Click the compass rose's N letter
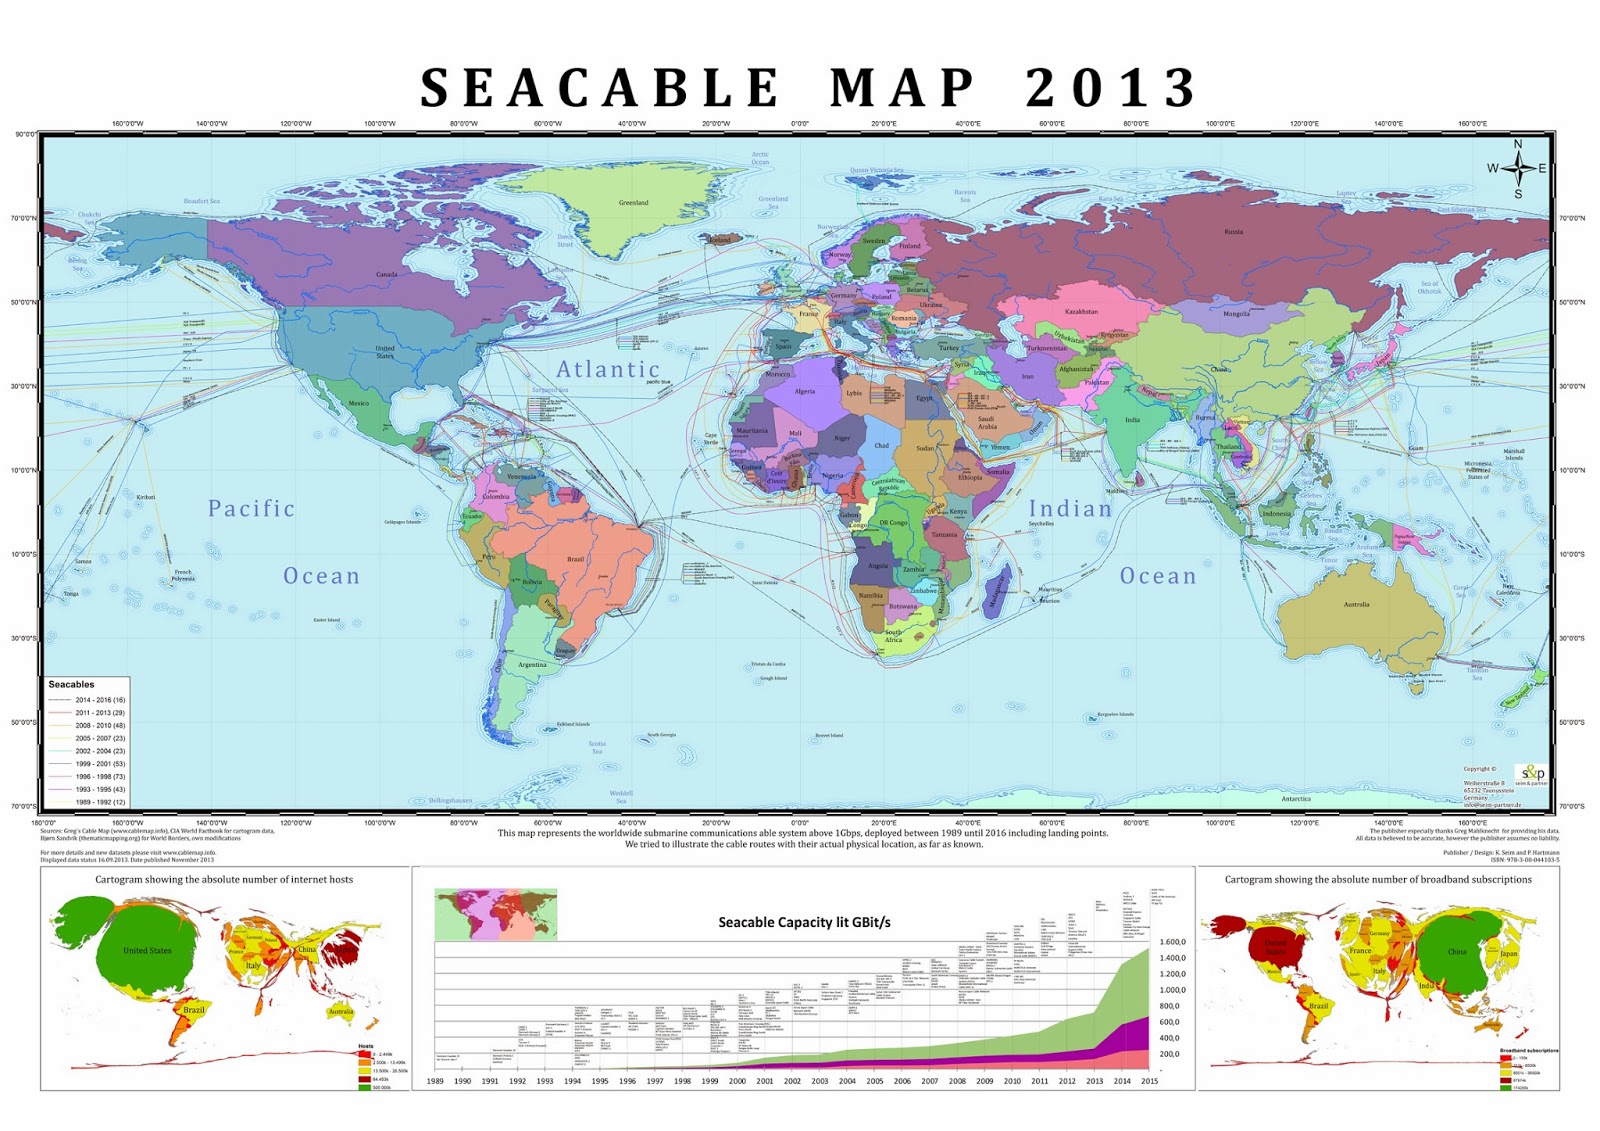click(x=1517, y=145)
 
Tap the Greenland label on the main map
click(x=633, y=203)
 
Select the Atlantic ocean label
click(x=608, y=369)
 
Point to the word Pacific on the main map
click(x=251, y=508)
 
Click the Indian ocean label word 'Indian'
click(x=1070, y=509)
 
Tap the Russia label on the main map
click(x=1234, y=232)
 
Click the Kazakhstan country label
click(x=1081, y=311)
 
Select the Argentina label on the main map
click(x=532, y=664)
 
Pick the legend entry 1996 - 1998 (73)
click(x=100, y=776)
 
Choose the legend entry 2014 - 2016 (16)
click(x=100, y=700)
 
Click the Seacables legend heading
click(x=71, y=685)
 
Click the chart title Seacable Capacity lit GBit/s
click(x=804, y=922)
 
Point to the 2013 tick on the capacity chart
click(x=1094, y=1081)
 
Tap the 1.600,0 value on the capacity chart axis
click(x=1172, y=942)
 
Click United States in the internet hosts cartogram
click(x=147, y=950)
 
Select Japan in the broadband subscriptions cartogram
click(x=1508, y=953)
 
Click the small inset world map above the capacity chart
click(x=496, y=913)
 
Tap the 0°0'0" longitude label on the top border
click(x=799, y=124)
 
